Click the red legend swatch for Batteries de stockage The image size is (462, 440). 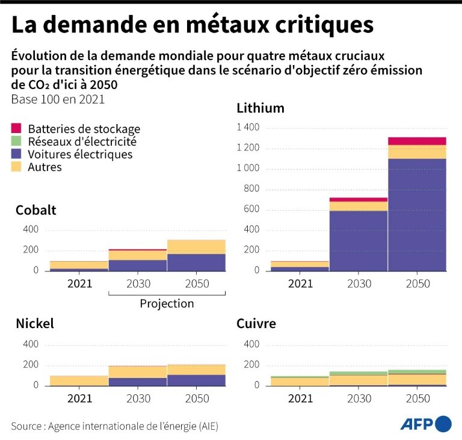pyautogui.click(x=16, y=129)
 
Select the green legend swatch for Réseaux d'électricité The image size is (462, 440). pyautogui.click(x=16, y=141)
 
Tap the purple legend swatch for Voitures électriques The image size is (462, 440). pyautogui.click(x=16, y=155)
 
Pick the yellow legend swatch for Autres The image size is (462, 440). pyautogui.click(x=16, y=167)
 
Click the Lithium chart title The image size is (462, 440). pyautogui.click(x=260, y=108)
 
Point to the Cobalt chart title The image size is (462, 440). pyautogui.click(x=36, y=210)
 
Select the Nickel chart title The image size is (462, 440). pyautogui.click(x=35, y=324)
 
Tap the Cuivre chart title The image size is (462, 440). pyautogui.click(x=256, y=324)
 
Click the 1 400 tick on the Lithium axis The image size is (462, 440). pyautogui.click(x=247, y=128)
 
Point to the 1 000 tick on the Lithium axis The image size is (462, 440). pyautogui.click(x=247, y=169)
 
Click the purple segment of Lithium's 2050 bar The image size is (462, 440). pyautogui.click(x=417, y=214)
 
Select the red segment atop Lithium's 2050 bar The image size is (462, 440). pyautogui.click(x=417, y=141)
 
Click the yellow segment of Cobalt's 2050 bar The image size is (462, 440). pyautogui.click(x=196, y=246)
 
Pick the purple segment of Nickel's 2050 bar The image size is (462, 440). pyautogui.click(x=196, y=380)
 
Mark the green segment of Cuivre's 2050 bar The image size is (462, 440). pyautogui.click(x=417, y=372)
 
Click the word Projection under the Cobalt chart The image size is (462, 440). pyautogui.click(x=167, y=304)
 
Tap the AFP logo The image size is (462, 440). pyautogui.click(x=426, y=424)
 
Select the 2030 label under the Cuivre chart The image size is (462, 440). pyautogui.click(x=359, y=398)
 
